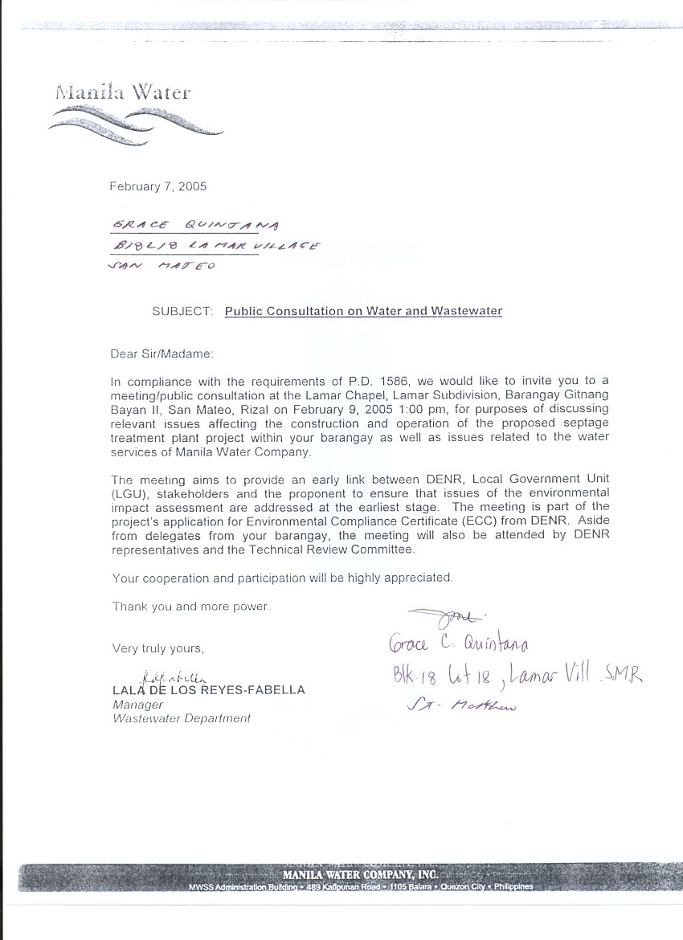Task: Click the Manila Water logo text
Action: [123, 92]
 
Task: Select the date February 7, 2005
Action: [157, 186]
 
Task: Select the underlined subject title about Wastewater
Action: [363, 311]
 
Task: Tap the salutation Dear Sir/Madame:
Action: [163, 353]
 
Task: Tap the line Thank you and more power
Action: [191, 607]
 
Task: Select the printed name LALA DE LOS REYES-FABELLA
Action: [208, 690]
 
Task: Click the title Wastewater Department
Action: [181, 718]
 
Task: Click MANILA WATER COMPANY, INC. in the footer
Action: [360, 874]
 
